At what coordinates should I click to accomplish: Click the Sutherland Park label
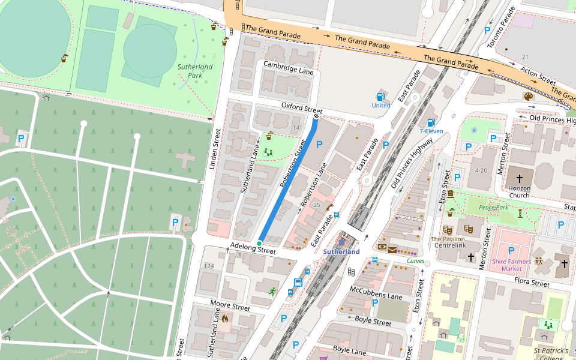tap(195, 71)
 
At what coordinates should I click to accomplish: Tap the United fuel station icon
tap(380, 96)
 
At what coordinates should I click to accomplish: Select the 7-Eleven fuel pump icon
tap(430, 122)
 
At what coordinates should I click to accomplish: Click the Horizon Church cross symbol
tap(519, 179)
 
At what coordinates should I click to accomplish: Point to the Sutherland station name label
tap(341, 252)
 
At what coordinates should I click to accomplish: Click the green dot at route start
tap(259, 243)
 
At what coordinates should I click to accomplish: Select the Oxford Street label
tap(302, 108)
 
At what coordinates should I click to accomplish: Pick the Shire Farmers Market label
tap(511, 265)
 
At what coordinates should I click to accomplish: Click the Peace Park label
tap(493, 207)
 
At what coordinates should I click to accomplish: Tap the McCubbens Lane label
tap(376, 293)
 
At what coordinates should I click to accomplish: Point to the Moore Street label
tap(230, 305)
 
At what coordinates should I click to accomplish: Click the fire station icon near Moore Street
tap(225, 319)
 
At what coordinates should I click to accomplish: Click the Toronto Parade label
tap(501, 28)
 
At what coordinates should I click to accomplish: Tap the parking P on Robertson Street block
tap(319, 145)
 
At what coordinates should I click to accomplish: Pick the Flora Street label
tap(532, 283)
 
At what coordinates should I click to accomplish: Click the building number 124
tap(209, 266)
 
